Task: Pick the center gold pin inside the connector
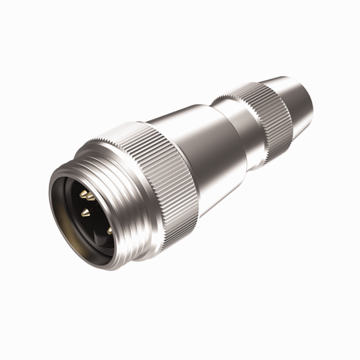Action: (x=85, y=210)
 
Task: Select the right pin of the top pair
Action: (x=92, y=196)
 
